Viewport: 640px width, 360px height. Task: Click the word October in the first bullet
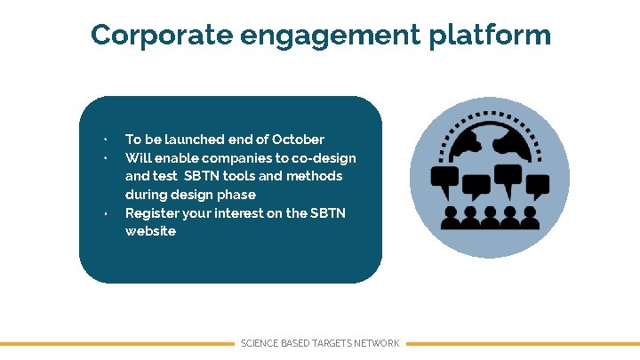click(298, 140)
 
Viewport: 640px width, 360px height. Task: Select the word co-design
click(321, 158)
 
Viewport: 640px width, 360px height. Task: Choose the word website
click(150, 231)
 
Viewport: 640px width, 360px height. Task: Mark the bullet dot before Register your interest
click(104, 214)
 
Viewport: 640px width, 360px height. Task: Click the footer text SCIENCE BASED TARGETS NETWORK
click(320, 343)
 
